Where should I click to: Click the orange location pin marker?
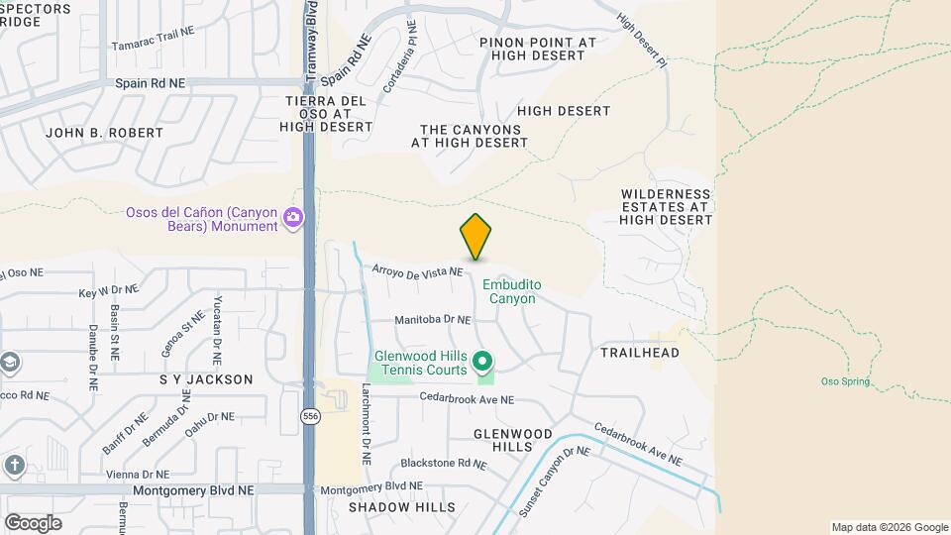click(x=475, y=236)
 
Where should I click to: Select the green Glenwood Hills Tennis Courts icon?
click(x=483, y=360)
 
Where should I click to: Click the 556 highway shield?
click(x=310, y=417)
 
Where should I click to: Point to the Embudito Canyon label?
click(x=512, y=291)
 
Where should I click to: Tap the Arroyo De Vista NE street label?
click(x=417, y=270)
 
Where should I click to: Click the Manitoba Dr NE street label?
click(x=432, y=320)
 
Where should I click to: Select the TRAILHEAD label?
click(x=640, y=353)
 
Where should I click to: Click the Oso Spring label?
click(x=845, y=381)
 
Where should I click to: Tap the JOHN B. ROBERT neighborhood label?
click(x=104, y=133)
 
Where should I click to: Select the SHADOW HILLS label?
click(x=401, y=507)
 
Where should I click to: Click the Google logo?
click(x=33, y=523)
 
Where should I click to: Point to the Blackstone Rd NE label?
click(x=443, y=463)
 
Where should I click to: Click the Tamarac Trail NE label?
click(x=153, y=33)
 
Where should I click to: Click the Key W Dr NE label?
click(x=108, y=291)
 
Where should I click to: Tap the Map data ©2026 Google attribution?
click(x=890, y=527)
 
